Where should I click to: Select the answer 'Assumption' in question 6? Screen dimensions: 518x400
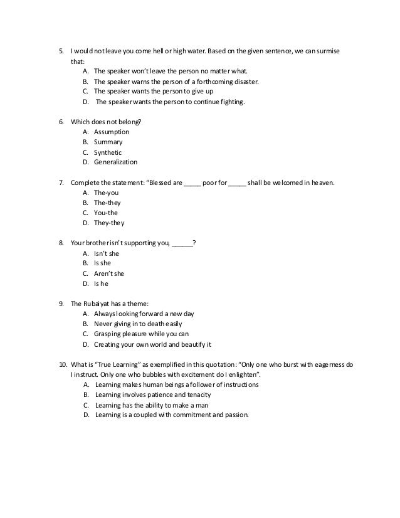point(111,132)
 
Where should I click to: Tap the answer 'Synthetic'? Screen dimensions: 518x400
point(108,152)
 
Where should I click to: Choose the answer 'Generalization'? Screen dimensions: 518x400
point(115,162)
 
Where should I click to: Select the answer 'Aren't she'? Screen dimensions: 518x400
point(109,273)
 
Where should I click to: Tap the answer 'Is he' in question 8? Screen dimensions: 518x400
point(102,283)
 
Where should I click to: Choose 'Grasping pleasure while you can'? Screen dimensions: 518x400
point(141,334)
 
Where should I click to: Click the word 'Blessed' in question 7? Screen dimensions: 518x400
point(166,182)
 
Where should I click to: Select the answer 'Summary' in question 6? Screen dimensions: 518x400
point(108,142)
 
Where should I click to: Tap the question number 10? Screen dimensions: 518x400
point(62,364)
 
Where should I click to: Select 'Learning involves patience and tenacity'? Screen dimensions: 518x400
point(153,394)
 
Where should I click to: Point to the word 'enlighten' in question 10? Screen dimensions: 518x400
point(243,374)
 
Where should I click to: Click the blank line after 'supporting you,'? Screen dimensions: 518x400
point(182,243)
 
